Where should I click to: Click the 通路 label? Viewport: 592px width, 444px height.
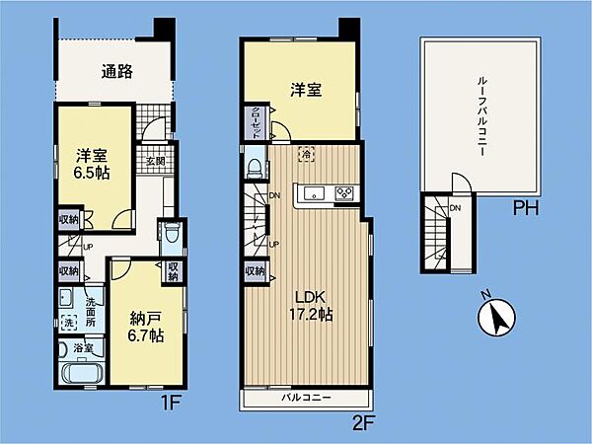tap(117, 71)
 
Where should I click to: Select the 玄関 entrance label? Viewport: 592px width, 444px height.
tap(156, 161)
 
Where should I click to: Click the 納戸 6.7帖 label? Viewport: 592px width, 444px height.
tap(145, 327)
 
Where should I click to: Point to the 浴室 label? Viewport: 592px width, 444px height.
tap(83, 348)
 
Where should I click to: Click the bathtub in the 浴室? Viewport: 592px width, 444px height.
tap(82, 376)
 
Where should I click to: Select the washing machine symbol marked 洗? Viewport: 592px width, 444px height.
tap(70, 322)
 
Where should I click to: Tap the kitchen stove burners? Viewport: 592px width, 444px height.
tap(345, 192)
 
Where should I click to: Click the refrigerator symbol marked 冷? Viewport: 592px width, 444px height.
tap(307, 153)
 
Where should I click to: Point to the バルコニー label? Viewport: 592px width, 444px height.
tap(305, 399)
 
